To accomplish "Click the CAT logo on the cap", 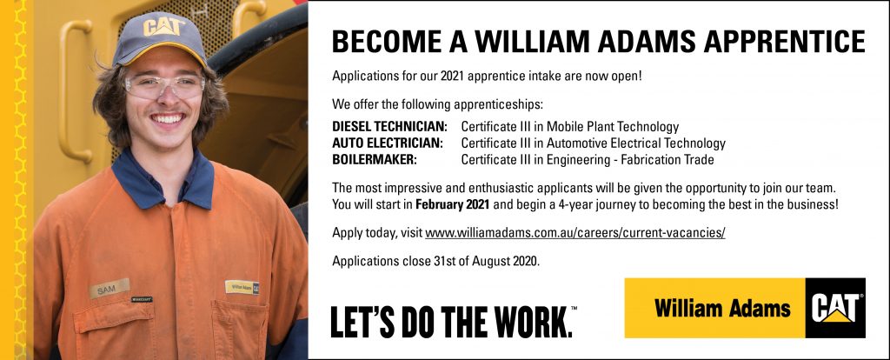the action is click(x=163, y=27).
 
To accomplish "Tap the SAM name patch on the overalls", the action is click(x=109, y=289).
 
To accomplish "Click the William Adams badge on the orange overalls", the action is click(x=242, y=287).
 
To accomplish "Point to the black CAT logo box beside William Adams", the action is click(x=835, y=308).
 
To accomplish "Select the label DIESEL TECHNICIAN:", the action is click(x=390, y=127).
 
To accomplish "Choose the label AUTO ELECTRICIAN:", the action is click(x=388, y=143).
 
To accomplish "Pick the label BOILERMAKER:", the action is click(x=375, y=159).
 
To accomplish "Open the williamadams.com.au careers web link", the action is click(x=575, y=233).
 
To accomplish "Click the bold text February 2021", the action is click(x=453, y=204).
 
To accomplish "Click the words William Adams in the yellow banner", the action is click(x=722, y=309).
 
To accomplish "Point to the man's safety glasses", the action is click(x=164, y=86).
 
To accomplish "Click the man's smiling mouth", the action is click(x=168, y=118).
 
